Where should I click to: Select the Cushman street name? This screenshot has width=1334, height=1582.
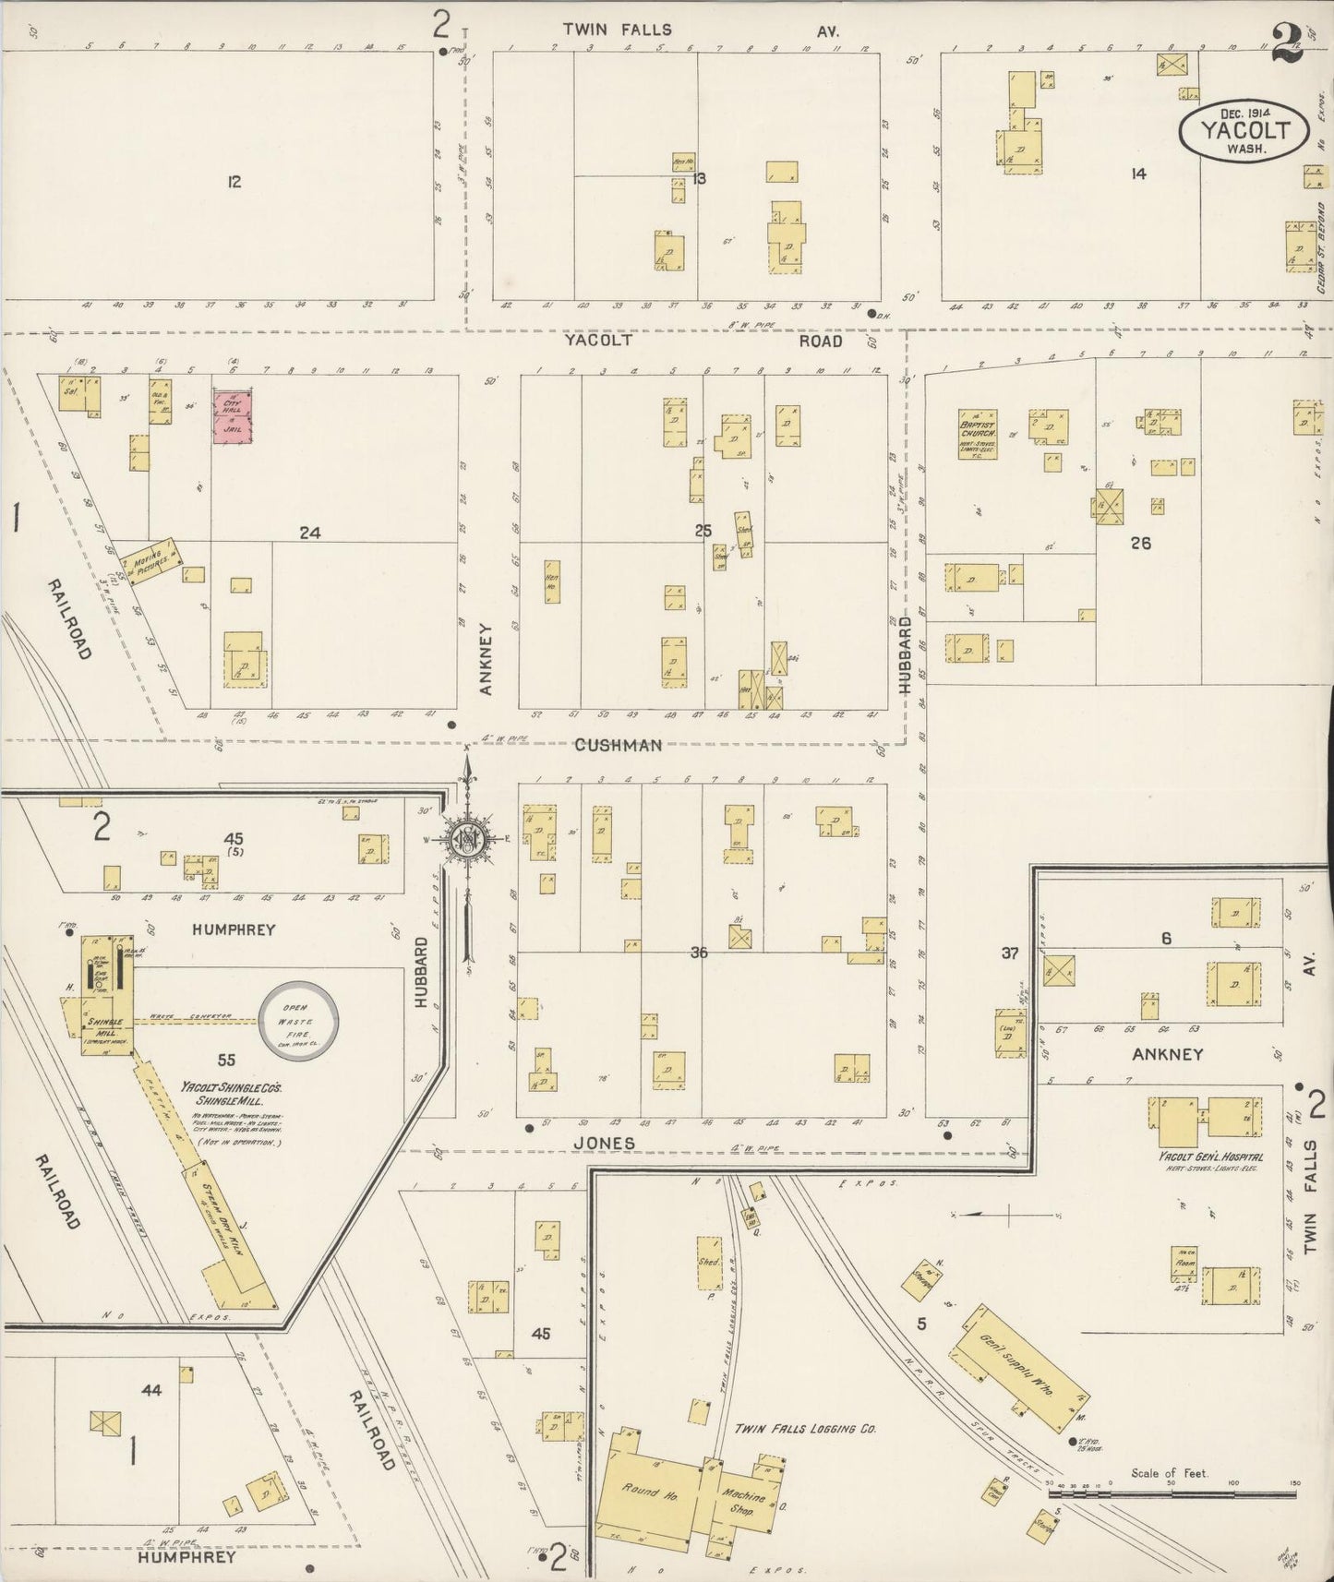[618, 745]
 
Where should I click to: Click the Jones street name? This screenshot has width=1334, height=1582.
[604, 1143]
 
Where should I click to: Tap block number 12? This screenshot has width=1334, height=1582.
[234, 183]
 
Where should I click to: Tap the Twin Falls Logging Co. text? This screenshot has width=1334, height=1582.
[804, 1429]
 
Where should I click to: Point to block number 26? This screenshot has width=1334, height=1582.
[1140, 543]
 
